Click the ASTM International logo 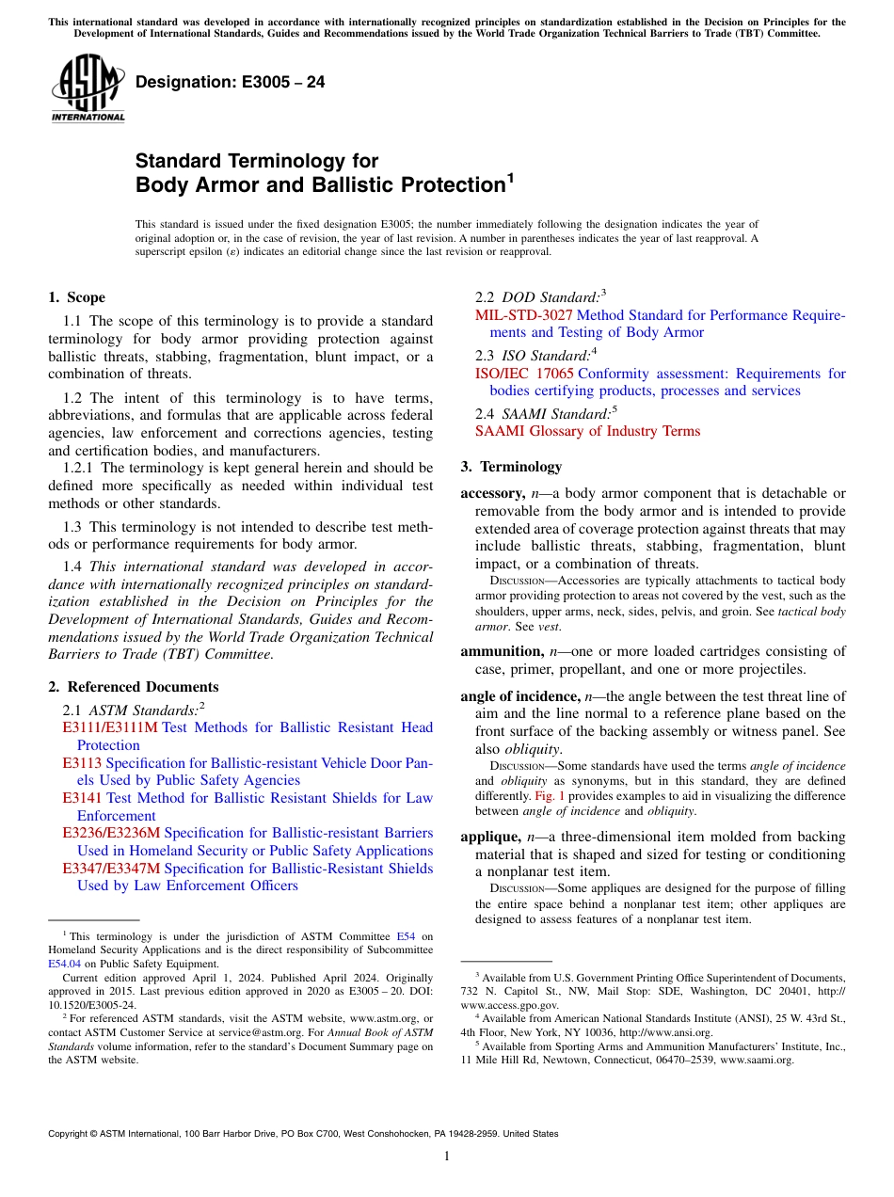click(x=88, y=88)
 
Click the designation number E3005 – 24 click(x=231, y=82)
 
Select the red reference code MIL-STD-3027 click(x=523, y=315)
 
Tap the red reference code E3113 click(x=82, y=762)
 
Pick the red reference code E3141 click(x=83, y=798)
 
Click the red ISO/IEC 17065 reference click(x=524, y=374)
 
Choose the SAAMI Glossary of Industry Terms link click(x=587, y=431)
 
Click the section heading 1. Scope click(x=76, y=297)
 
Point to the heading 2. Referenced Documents click(x=133, y=687)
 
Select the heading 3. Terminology click(x=511, y=467)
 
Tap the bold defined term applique click(x=489, y=837)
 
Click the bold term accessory click(x=491, y=493)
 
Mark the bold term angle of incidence click(x=519, y=696)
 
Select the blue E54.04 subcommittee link click(x=63, y=964)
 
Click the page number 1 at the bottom click(x=447, y=1157)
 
